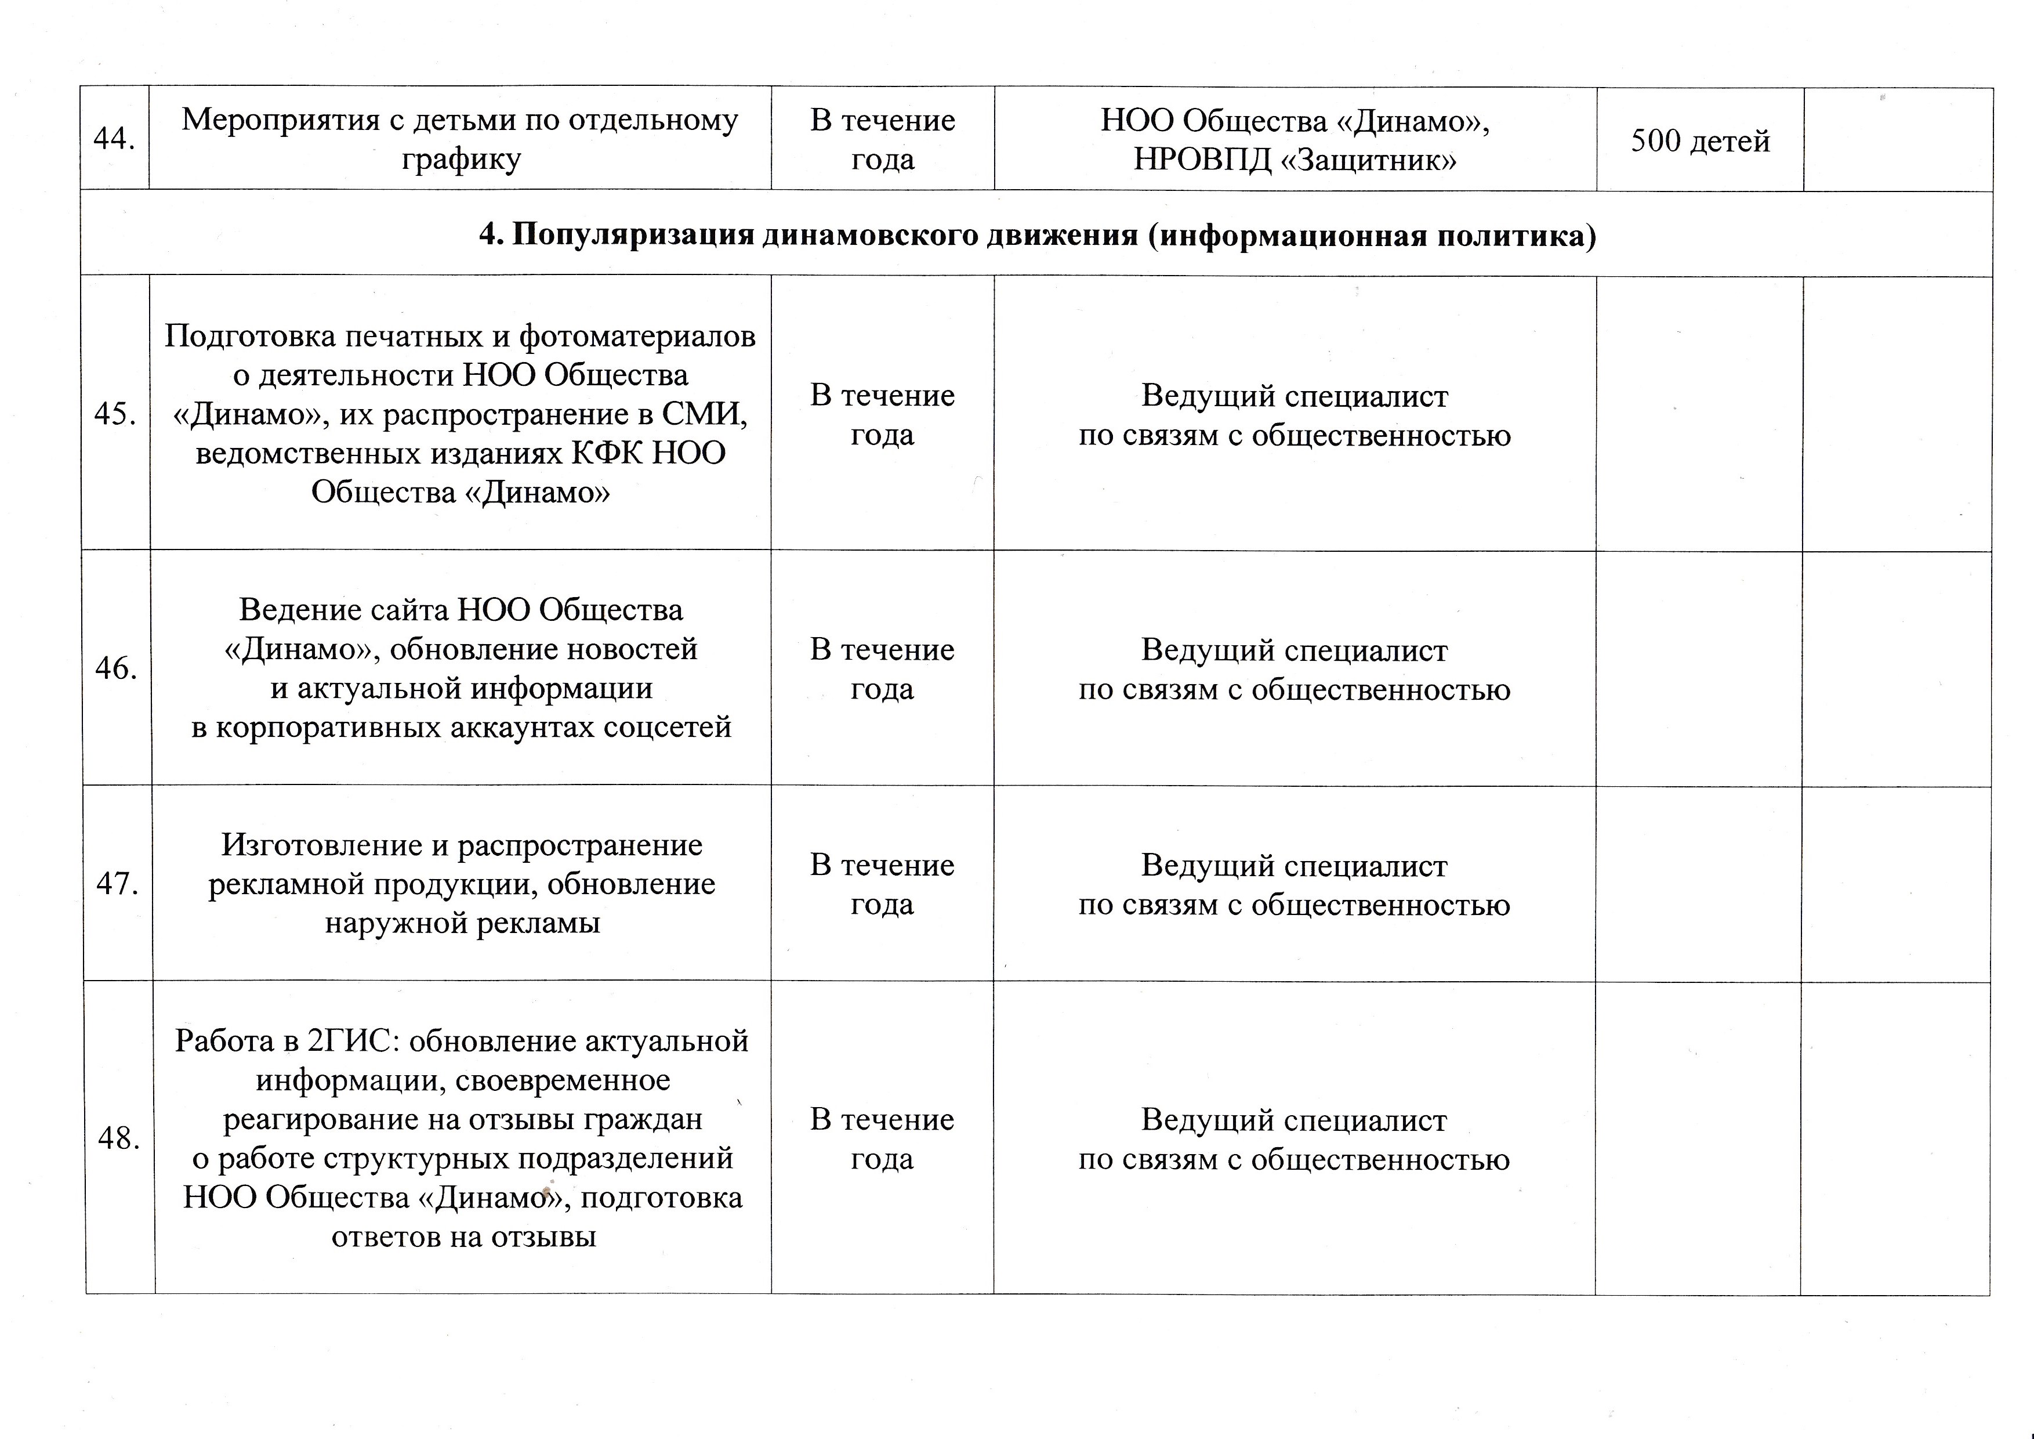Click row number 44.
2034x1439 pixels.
114,139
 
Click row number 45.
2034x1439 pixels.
115,414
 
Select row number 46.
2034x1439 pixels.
116,668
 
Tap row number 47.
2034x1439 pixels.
117,884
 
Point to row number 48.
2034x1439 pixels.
119,1138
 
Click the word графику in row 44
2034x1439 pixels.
461,160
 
